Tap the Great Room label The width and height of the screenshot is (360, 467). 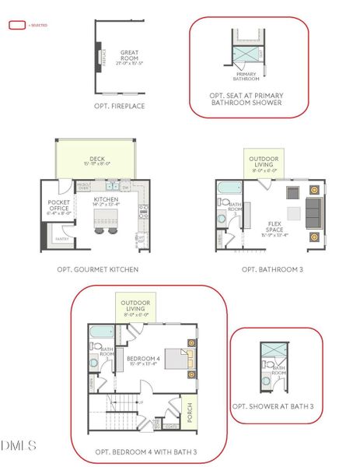pos(129,55)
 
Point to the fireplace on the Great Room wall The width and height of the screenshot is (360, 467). pos(99,57)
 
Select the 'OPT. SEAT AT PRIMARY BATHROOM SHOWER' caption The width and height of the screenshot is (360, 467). pos(246,98)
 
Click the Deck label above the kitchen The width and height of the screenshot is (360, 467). pos(98,161)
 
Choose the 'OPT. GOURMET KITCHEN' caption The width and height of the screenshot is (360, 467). pos(98,269)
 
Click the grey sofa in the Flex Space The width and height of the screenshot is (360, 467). pos(313,211)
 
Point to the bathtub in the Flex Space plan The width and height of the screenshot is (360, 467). pos(226,188)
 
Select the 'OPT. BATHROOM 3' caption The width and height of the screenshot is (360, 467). pos(269,269)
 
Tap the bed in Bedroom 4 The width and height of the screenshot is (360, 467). pos(184,359)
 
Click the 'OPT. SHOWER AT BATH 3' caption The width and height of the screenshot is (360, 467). pos(273,406)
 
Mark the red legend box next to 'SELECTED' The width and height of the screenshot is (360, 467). pos(16,25)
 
